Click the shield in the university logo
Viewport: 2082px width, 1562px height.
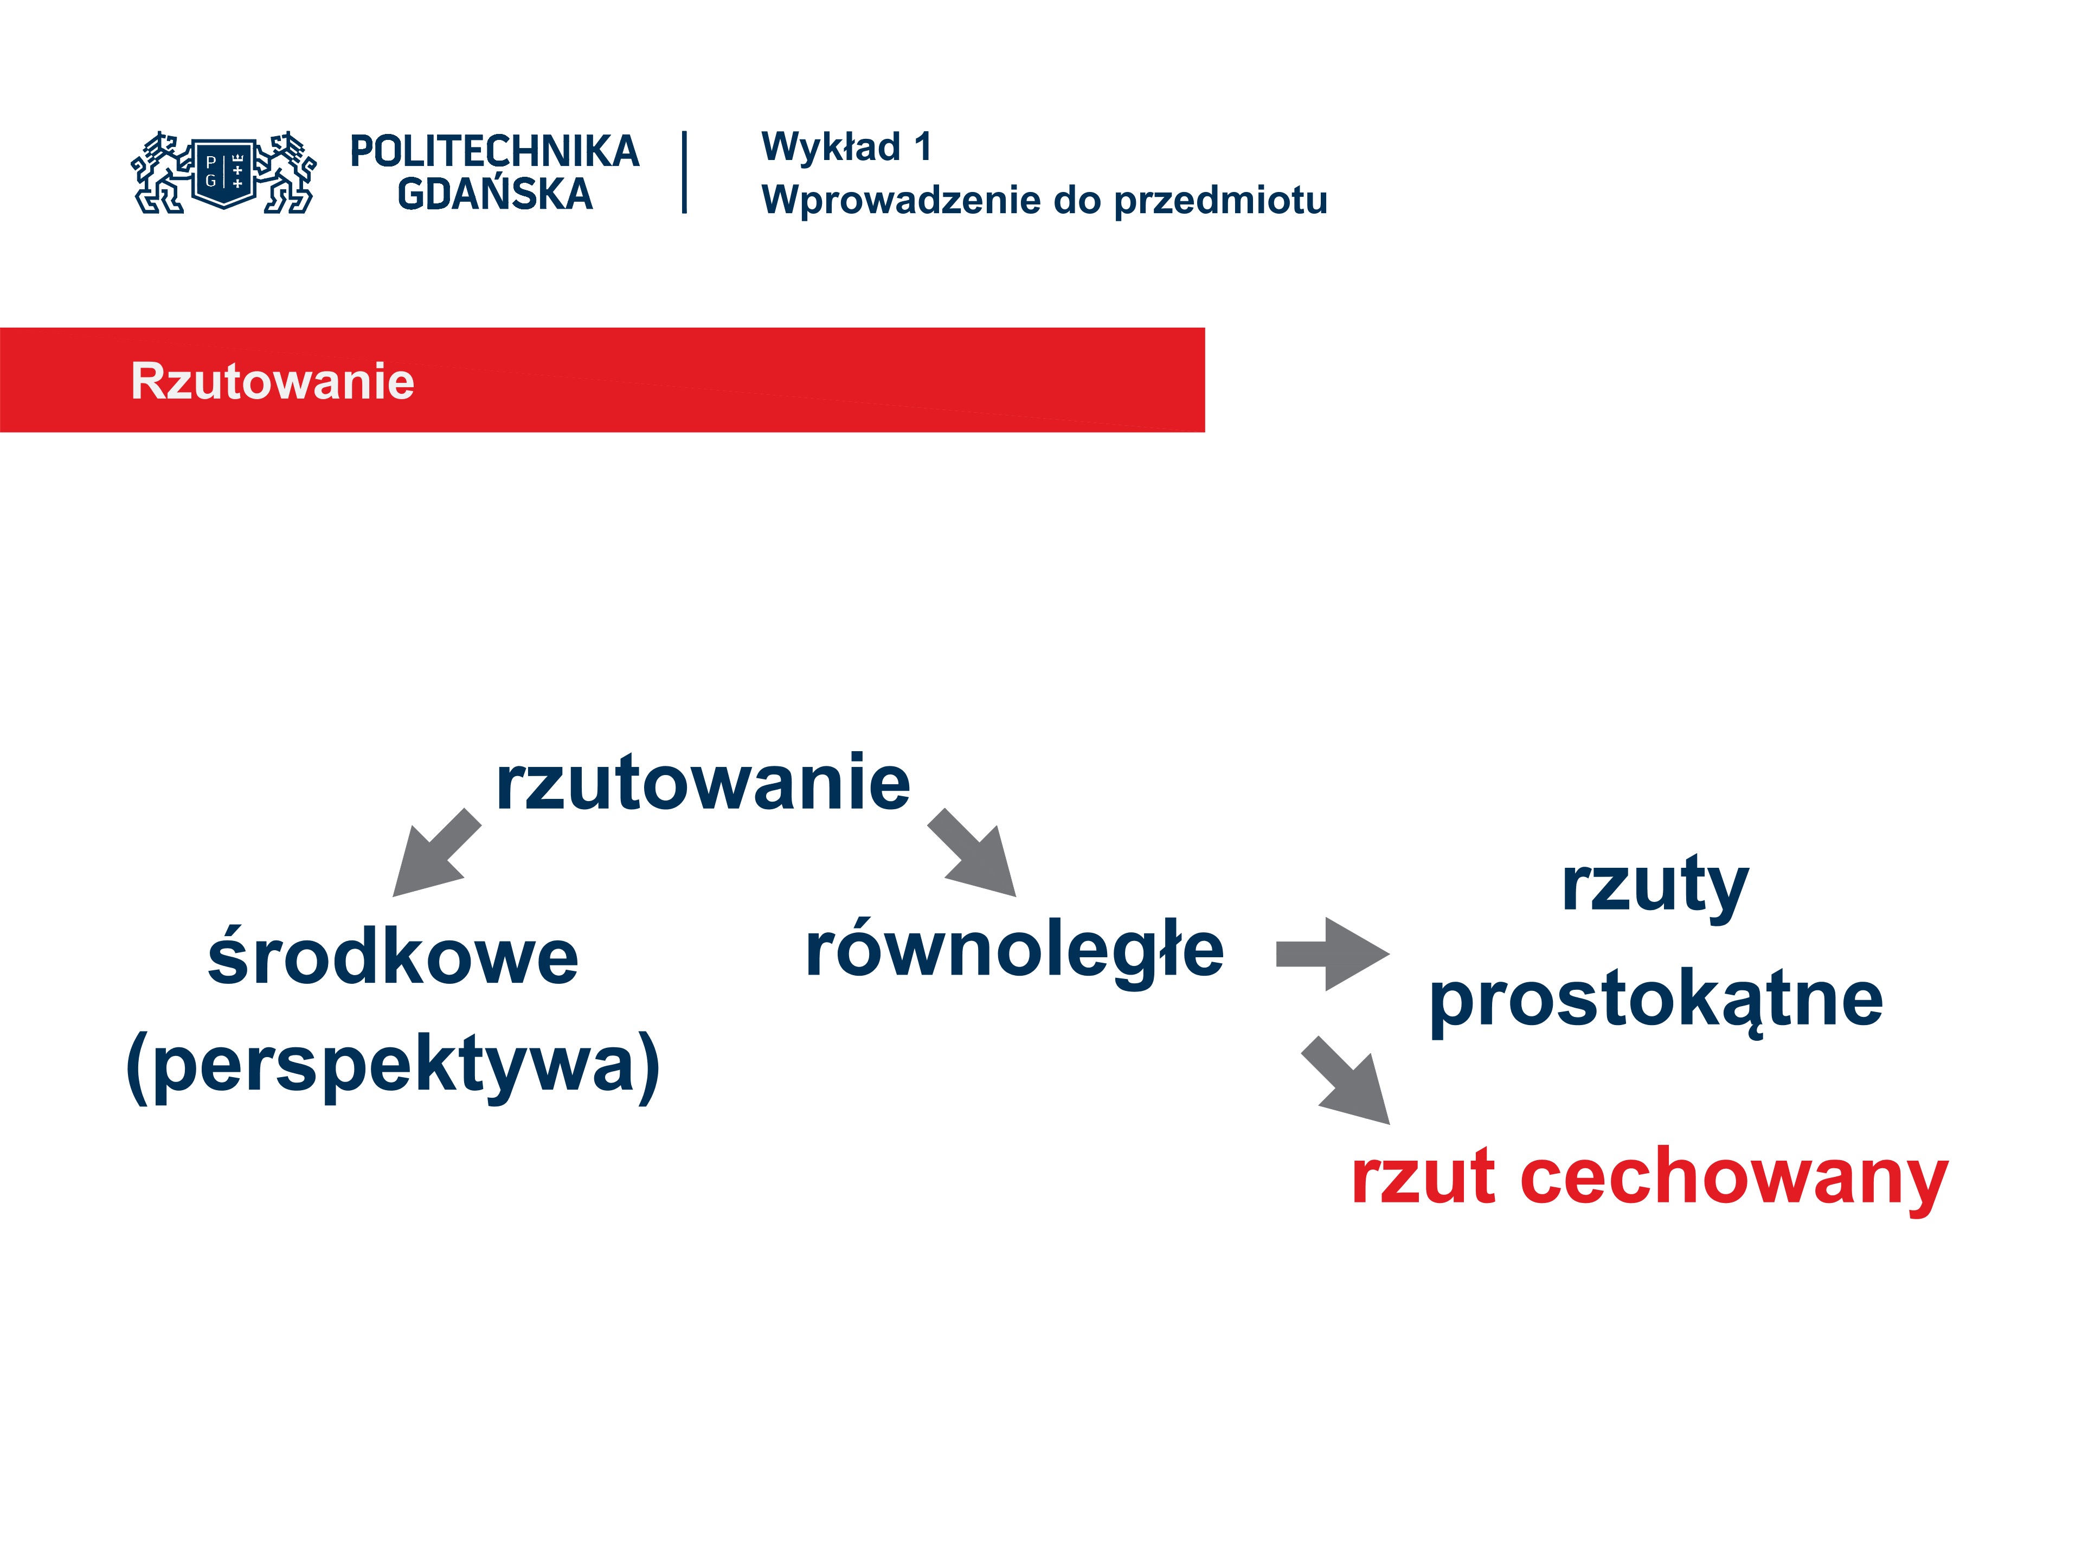click(224, 172)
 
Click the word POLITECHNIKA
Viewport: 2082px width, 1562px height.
click(494, 151)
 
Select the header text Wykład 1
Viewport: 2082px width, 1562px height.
click(846, 147)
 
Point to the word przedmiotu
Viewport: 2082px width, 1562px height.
click(1221, 201)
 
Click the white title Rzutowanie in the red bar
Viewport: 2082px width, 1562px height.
click(272, 381)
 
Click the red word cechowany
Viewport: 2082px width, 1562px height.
click(1734, 1179)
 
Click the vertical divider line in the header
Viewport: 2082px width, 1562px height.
click(684, 172)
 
